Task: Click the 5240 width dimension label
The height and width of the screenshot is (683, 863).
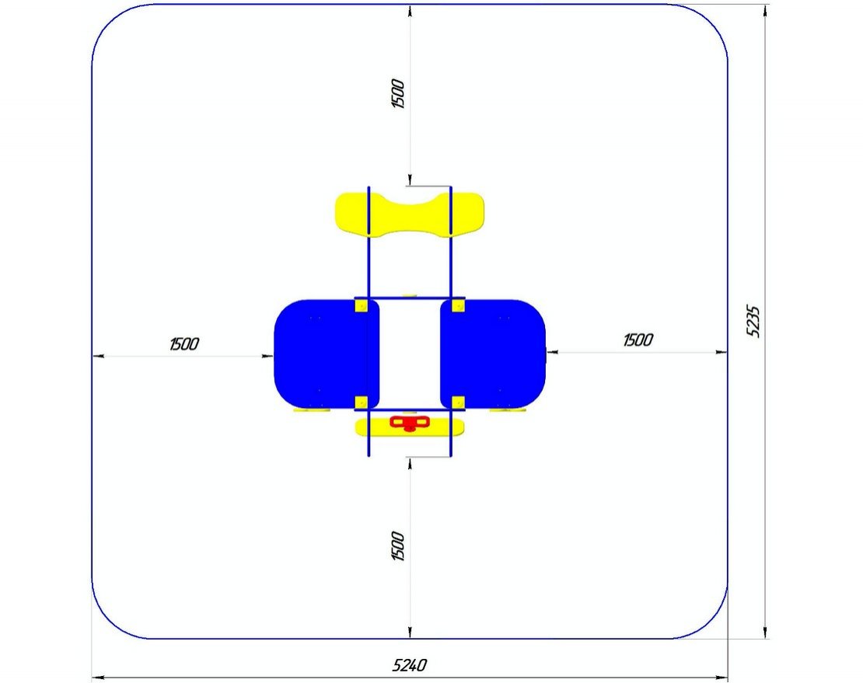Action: tap(410, 665)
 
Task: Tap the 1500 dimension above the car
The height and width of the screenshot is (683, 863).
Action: tap(398, 94)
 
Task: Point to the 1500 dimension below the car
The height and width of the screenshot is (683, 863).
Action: tap(398, 546)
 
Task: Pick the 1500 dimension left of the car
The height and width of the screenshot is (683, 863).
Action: tap(183, 344)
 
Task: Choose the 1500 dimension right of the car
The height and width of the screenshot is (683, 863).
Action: tap(638, 340)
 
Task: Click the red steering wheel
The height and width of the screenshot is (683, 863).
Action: tap(410, 423)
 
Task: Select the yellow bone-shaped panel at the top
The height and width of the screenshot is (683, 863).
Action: tap(410, 214)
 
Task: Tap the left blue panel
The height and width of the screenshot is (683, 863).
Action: tap(327, 354)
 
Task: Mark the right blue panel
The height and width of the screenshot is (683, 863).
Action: tap(493, 354)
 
